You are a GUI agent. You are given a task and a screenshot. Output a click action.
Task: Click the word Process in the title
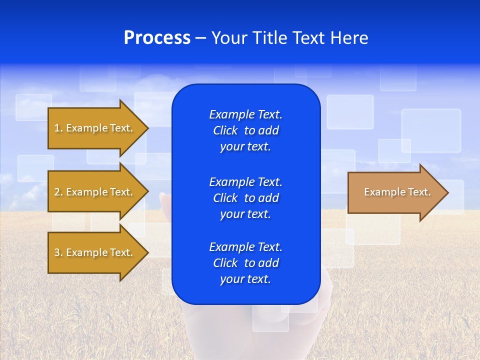[157, 38]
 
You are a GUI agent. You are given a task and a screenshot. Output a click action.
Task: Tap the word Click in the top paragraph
[225, 131]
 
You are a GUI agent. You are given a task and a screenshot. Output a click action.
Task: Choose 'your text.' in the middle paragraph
[245, 214]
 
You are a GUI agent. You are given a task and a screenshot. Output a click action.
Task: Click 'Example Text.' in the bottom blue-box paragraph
[245, 247]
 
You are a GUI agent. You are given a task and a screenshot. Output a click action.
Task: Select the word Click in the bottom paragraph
[225, 263]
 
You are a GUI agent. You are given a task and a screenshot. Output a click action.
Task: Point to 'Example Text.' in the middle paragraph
[245, 182]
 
